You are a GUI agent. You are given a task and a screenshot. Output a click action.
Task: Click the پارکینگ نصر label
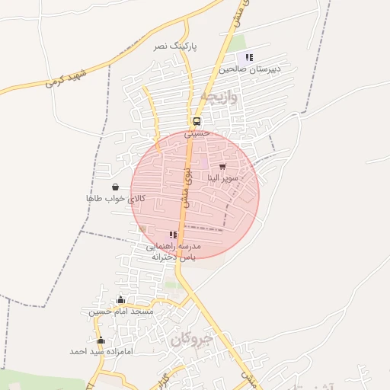point(175,46)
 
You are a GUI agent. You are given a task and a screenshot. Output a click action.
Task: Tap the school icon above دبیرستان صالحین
point(249,57)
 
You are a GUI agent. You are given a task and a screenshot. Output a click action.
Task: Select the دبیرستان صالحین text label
point(250,69)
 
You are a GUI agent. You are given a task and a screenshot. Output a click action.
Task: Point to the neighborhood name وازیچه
point(219,97)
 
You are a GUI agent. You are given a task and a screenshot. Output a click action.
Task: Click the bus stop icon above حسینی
point(197,121)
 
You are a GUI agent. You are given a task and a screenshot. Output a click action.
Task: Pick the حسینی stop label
point(196,133)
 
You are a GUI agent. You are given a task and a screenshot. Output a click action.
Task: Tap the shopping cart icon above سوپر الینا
point(222,166)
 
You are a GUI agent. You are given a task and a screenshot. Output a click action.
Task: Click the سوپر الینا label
point(223,177)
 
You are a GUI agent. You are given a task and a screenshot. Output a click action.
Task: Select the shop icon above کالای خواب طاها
point(115,187)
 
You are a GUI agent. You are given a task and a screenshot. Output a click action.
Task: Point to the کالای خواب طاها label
point(115,198)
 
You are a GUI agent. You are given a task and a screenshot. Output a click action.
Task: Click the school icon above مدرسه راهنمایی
point(173,235)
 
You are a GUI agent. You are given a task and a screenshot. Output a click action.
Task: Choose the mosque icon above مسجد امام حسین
point(120,300)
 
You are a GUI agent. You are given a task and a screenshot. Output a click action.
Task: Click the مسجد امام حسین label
point(120,312)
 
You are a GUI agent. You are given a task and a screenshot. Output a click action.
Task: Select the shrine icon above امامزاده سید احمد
point(101,340)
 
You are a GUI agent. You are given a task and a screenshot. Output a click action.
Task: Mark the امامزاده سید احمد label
point(101,351)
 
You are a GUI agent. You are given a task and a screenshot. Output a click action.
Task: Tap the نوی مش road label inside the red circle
point(186,187)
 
